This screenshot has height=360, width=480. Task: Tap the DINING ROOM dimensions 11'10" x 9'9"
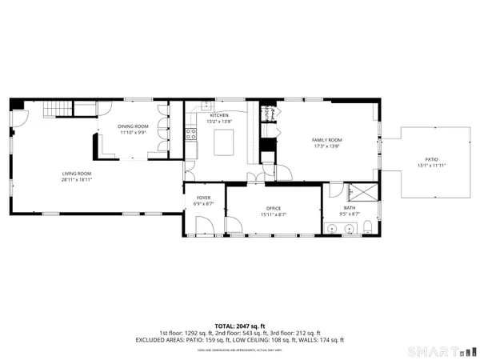tap(134, 132)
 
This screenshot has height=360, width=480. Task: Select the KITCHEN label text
tap(219, 115)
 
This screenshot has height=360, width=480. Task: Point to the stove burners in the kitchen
tap(191, 134)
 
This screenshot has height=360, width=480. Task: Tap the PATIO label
tap(430, 160)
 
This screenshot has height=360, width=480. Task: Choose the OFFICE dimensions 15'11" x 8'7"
tap(274, 214)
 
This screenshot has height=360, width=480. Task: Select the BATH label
tap(350, 208)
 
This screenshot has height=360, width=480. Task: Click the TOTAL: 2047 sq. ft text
tap(240, 326)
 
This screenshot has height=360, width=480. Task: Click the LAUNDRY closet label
tap(269, 113)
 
